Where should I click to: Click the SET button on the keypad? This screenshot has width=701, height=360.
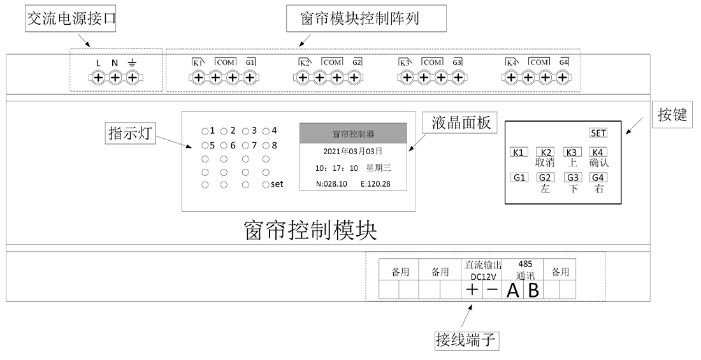pyautogui.click(x=598, y=133)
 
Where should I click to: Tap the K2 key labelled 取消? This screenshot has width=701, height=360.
pyautogui.click(x=546, y=152)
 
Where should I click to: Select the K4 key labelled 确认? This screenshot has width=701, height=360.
pyautogui.click(x=598, y=152)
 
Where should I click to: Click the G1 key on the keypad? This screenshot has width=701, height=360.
pyautogui.click(x=519, y=178)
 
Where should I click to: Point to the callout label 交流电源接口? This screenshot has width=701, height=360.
pyautogui.click(x=71, y=20)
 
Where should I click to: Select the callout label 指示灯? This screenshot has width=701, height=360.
pyautogui.click(x=131, y=134)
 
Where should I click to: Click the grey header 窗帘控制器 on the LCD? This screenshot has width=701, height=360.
pyautogui.click(x=353, y=134)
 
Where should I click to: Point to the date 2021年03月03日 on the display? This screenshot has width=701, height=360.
pyautogui.click(x=352, y=152)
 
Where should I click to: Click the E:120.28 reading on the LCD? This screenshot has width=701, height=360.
pyautogui.click(x=375, y=184)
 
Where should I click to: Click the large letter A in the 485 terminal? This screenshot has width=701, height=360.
pyautogui.click(x=513, y=291)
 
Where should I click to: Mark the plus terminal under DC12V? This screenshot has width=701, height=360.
pyautogui.click(x=472, y=290)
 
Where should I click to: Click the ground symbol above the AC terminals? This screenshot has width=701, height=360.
pyautogui.click(x=132, y=62)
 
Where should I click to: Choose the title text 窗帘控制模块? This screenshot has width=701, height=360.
pyautogui.click(x=310, y=230)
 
